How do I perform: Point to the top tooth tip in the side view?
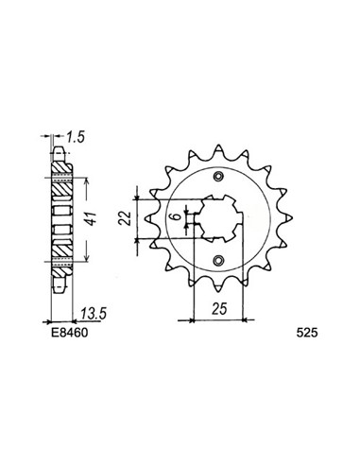tap(59, 149)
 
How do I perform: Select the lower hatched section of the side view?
tap(59, 250)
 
